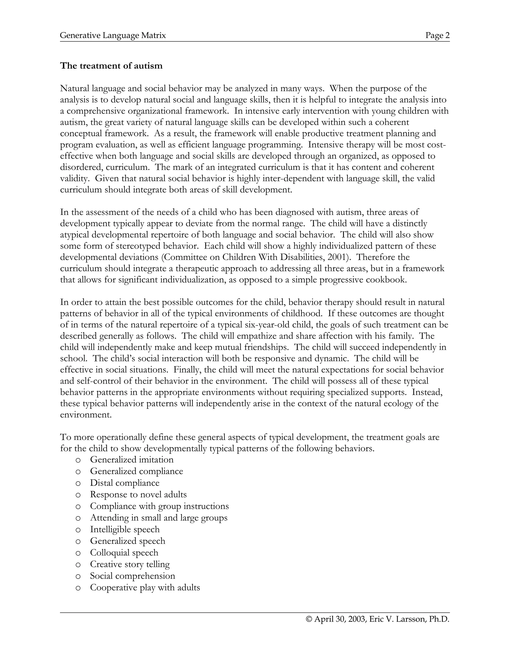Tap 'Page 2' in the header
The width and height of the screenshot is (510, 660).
pyautogui.click(x=437, y=35)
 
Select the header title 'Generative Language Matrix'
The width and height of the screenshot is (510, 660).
pyautogui.click(x=113, y=35)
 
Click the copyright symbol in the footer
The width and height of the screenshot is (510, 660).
pyautogui.click(x=309, y=619)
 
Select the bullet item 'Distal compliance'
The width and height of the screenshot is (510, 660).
pyautogui.click(x=125, y=483)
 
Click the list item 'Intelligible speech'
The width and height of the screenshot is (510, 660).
pyautogui.click(x=125, y=529)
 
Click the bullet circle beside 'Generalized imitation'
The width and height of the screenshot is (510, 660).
pyautogui.click(x=78, y=460)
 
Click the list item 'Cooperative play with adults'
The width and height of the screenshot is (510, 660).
pyautogui.click(x=145, y=588)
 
